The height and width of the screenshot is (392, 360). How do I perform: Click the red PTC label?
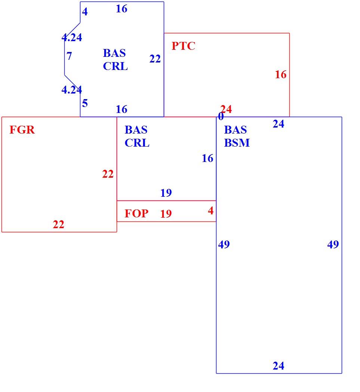184,46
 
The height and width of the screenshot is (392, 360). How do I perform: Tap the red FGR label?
22,130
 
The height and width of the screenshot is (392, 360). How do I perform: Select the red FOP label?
136,214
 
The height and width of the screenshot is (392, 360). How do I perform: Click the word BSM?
237,143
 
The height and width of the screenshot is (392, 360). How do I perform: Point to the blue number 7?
69,56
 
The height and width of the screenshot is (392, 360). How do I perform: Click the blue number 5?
85,103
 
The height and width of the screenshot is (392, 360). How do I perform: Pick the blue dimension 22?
155,59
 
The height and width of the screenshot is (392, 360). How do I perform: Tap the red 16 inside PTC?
280,74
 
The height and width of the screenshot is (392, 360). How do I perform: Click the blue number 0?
221,116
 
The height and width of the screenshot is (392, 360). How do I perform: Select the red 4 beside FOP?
210,211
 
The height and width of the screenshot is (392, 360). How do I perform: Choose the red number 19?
166,214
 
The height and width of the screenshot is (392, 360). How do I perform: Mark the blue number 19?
166,193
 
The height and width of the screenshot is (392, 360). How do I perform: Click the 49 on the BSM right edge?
333,245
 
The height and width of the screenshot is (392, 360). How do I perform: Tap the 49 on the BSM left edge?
224,245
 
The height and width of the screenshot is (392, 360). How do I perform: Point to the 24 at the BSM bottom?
278,366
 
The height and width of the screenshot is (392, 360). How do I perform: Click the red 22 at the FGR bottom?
58,224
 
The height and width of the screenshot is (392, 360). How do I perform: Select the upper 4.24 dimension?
72,37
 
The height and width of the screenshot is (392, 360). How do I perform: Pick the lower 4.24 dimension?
72,90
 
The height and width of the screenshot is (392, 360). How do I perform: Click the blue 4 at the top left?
85,12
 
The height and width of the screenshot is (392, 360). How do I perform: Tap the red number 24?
226,109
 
